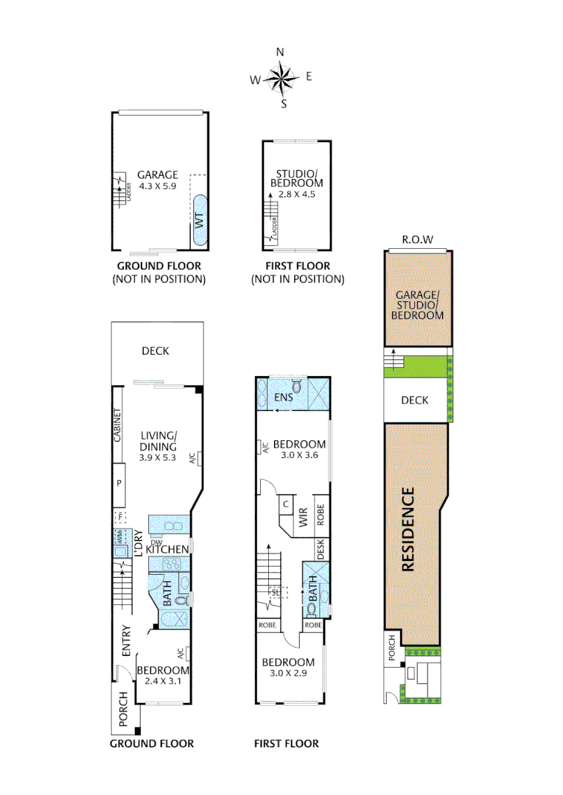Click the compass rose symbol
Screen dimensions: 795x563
pos(280,77)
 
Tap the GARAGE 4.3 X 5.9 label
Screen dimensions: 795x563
pos(158,180)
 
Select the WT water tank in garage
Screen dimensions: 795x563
pos(200,219)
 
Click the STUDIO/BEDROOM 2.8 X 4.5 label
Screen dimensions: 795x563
pos(296,183)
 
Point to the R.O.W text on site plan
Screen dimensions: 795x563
pos(417,240)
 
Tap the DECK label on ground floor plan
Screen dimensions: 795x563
pos(155,351)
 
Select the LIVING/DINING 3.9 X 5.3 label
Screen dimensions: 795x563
pos(158,446)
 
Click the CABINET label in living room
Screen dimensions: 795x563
pos(118,425)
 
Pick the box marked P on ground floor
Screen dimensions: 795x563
pos(118,483)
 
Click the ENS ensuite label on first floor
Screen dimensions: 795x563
pos(284,398)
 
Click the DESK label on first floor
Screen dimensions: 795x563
pos(321,548)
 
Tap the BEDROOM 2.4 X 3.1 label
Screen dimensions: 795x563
pos(163,676)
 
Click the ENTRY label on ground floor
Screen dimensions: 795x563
pos(125,640)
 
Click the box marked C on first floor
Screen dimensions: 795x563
pos(285,505)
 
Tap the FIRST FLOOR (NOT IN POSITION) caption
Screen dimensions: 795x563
pos(297,272)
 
